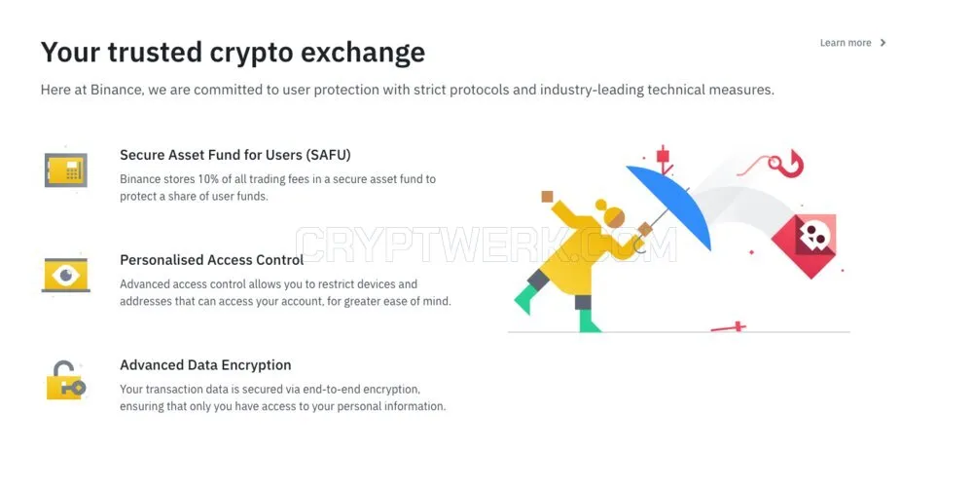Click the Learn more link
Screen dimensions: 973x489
846,43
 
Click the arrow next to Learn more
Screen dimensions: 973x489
883,43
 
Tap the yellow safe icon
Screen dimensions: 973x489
66,169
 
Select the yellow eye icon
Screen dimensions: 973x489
66,275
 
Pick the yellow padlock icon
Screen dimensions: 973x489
65,380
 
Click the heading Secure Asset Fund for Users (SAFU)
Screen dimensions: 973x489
235,155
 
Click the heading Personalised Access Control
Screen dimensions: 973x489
211,260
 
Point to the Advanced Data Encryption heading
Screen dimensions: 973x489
205,364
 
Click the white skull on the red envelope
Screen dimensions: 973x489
814,236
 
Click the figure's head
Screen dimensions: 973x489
612,215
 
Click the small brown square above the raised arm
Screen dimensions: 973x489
547,197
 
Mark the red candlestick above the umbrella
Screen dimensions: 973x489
664,159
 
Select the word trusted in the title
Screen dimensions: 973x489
155,53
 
